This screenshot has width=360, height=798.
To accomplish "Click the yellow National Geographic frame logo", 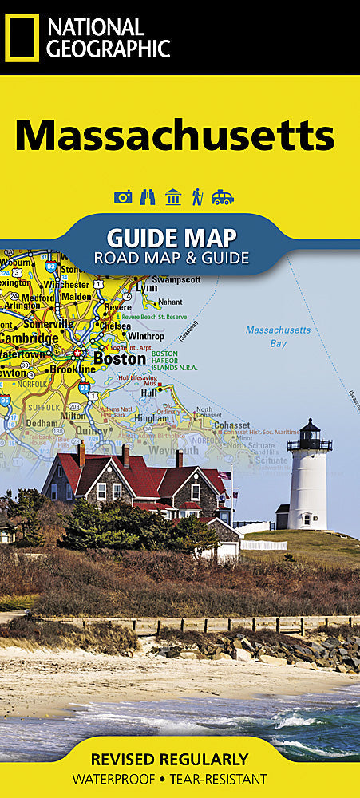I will pyautogui.click(x=22, y=38).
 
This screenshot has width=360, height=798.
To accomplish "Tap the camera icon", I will pyautogui.click(x=123, y=197).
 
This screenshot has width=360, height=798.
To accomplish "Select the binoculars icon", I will pyautogui.click(x=148, y=197).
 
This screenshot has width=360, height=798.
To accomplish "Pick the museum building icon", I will pyautogui.click(x=172, y=197).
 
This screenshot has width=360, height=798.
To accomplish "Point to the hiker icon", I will pyautogui.click(x=197, y=197).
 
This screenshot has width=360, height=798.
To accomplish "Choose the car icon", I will pyautogui.click(x=223, y=197).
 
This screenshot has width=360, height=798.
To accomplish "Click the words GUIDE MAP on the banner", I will pyautogui.click(x=172, y=238).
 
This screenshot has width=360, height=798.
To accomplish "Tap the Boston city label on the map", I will pyautogui.click(x=120, y=359).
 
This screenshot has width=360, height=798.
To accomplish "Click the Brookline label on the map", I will pyautogui.click(x=73, y=369).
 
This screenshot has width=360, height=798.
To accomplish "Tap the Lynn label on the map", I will pyautogui.click(x=147, y=286).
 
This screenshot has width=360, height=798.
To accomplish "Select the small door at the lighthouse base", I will pyautogui.click(x=307, y=519).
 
